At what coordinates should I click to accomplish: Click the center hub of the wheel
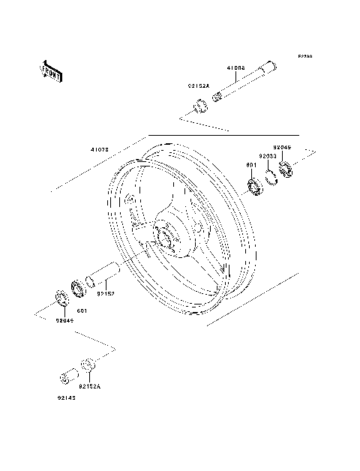165,236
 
